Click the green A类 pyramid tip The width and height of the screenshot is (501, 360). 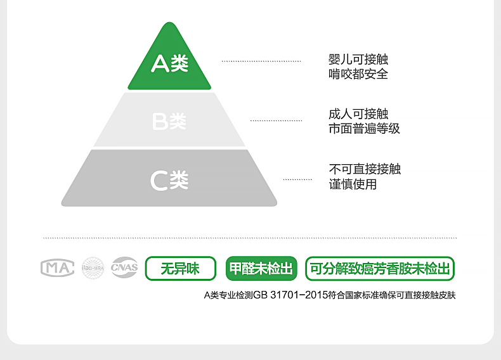coord(169,63)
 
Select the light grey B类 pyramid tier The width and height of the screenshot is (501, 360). coord(169,120)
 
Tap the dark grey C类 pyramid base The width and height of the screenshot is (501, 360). coord(169,180)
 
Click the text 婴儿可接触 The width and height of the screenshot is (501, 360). coord(358,60)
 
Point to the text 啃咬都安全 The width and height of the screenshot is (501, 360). coord(358,74)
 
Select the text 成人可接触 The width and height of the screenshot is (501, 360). coord(358,114)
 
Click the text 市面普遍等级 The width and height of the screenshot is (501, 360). coord(364,129)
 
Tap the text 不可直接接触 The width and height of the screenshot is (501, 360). coord(365,169)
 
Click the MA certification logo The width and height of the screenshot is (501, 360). coord(57,268)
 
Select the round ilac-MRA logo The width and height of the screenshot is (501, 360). coord(93,268)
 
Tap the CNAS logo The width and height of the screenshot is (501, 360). coord(124,268)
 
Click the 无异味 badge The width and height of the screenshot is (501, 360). coord(180,269)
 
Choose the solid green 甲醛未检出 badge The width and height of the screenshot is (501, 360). coord(261,269)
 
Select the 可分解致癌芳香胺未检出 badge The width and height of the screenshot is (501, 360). coord(380,269)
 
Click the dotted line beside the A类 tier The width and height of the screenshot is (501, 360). coord(261,61)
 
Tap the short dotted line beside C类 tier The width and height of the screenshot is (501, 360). coord(297,180)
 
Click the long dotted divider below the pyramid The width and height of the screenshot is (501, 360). coord(250,238)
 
